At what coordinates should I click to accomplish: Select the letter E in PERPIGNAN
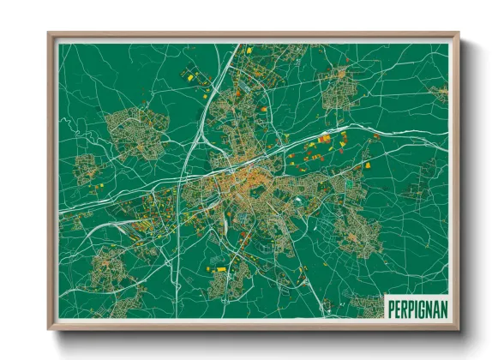click(x=396, y=306)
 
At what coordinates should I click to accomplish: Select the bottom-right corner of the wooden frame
click(x=458, y=327)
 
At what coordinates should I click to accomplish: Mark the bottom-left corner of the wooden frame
click(x=50, y=327)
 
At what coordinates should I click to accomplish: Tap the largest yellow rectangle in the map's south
click(x=220, y=269)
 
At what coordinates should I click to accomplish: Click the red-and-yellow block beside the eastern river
click(x=325, y=139)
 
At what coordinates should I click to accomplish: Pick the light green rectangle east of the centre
click(x=349, y=183)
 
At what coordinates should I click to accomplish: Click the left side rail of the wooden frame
click(x=52, y=180)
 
